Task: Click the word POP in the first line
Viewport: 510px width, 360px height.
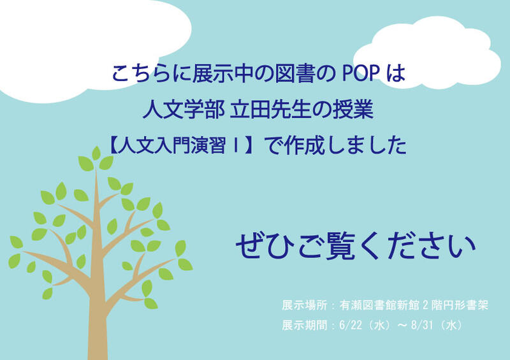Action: [x=360, y=73]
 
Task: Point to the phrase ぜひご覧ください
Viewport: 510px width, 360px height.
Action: [x=356, y=245]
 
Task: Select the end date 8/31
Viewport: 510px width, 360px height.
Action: [x=422, y=325]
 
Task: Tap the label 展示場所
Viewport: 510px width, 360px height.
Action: [x=305, y=305]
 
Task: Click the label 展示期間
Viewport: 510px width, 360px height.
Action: [x=305, y=325]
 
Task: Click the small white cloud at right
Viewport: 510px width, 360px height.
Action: [x=426, y=54]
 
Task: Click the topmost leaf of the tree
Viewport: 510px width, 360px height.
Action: [x=96, y=153]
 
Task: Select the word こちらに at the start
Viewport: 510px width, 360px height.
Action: [x=152, y=73]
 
